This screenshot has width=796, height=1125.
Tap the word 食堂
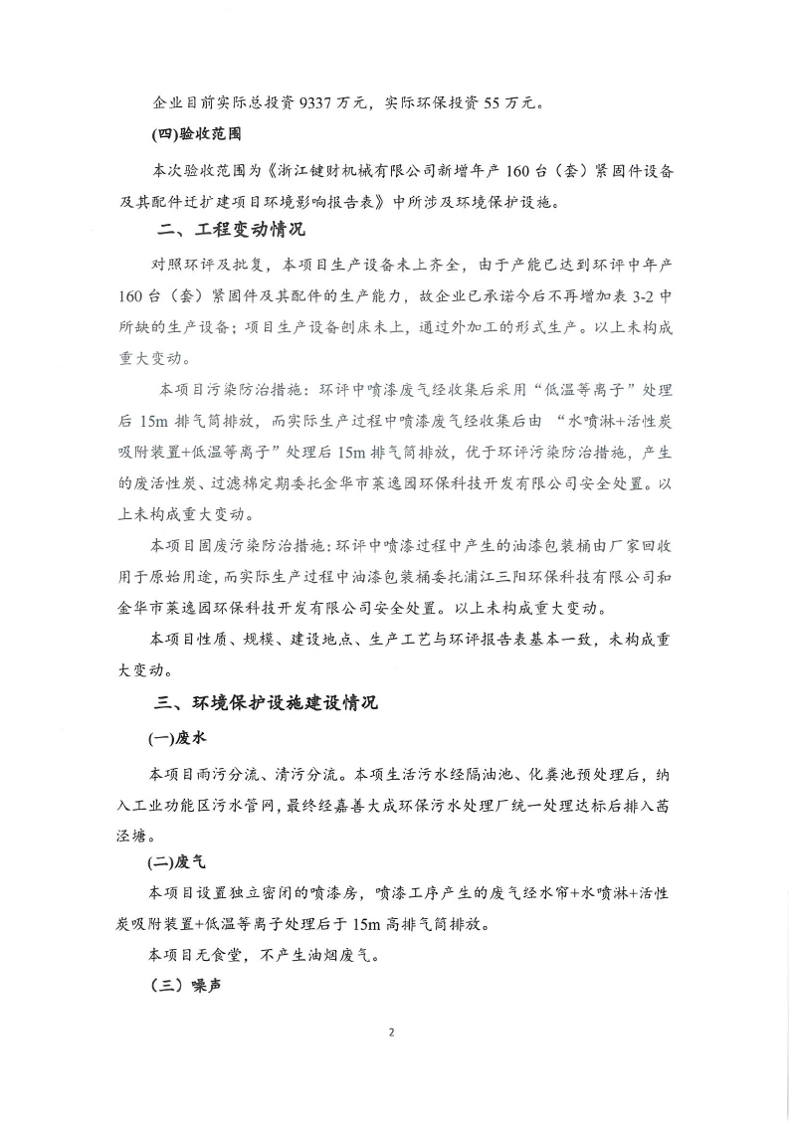(x=230, y=954)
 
